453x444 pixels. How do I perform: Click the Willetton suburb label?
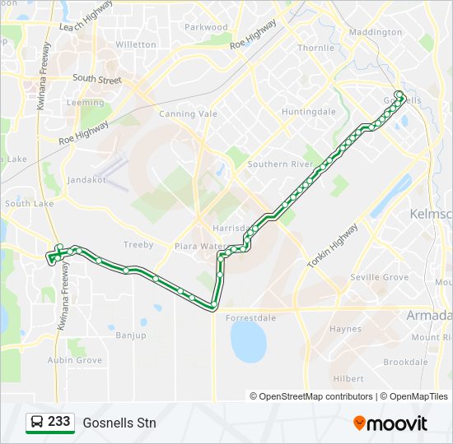coord(136,44)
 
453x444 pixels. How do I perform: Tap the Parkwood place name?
coord(206,27)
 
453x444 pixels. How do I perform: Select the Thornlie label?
coord(316,48)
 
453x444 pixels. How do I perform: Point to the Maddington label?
coord(376,32)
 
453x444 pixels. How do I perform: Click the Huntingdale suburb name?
coord(309,111)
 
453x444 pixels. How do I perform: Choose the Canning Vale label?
coord(188,114)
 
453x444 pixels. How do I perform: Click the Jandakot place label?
coord(87,179)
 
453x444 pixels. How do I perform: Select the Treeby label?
coord(138,245)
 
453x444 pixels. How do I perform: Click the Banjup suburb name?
coord(130,335)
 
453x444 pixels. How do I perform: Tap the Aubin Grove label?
coord(75,360)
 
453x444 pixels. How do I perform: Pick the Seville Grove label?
coord(380,278)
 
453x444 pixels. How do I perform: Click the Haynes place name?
coord(345,329)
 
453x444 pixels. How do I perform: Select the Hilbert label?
coord(349,378)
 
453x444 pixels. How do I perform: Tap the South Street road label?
coord(96,79)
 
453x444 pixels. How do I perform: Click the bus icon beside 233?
coord(37,423)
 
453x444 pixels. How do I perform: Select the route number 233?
coord(58,422)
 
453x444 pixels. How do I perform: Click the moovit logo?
coord(390,423)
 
